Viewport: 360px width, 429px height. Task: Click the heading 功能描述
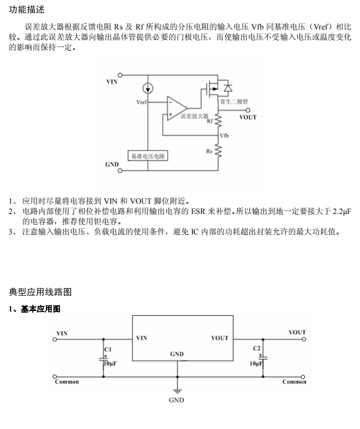(27, 10)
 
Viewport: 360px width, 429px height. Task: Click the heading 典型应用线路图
(40, 292)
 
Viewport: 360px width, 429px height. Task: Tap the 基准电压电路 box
(149, 156)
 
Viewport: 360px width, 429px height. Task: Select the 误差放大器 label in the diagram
(194, 115)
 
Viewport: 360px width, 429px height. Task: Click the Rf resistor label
(210, 120)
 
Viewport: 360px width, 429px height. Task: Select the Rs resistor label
(209, 151)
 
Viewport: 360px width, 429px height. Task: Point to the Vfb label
(224, 136)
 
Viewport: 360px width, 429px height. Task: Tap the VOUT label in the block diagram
(248, 117)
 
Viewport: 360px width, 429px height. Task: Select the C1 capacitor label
(108, 348)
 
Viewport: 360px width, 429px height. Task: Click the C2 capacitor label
(256, 347)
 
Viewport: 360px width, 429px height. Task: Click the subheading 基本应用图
(40, 309)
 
